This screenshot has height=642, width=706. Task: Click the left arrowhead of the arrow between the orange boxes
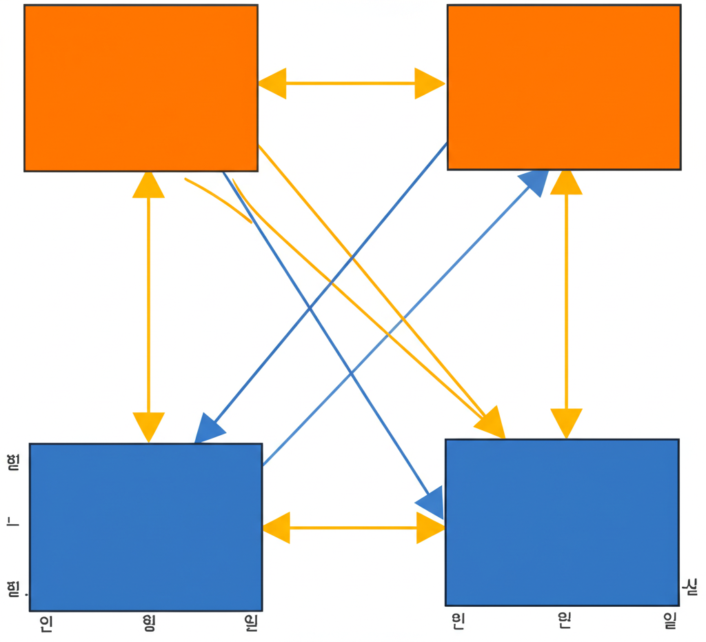[272, 83]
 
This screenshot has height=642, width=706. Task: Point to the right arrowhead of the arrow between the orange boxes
[429, 83]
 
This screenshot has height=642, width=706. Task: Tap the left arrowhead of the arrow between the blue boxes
[276, 528]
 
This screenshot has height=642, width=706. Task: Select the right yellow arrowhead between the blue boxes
[430, 528]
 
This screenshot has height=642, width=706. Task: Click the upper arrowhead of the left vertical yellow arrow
[148, 185]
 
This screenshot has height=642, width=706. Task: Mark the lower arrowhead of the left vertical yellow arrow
[148, 425]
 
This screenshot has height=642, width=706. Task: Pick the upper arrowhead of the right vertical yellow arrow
[567, 182]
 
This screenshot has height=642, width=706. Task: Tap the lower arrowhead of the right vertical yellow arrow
[567, 422]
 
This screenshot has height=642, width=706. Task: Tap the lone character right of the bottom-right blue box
[689, 588]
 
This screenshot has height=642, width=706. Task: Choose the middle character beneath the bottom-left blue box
[148, 624]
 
